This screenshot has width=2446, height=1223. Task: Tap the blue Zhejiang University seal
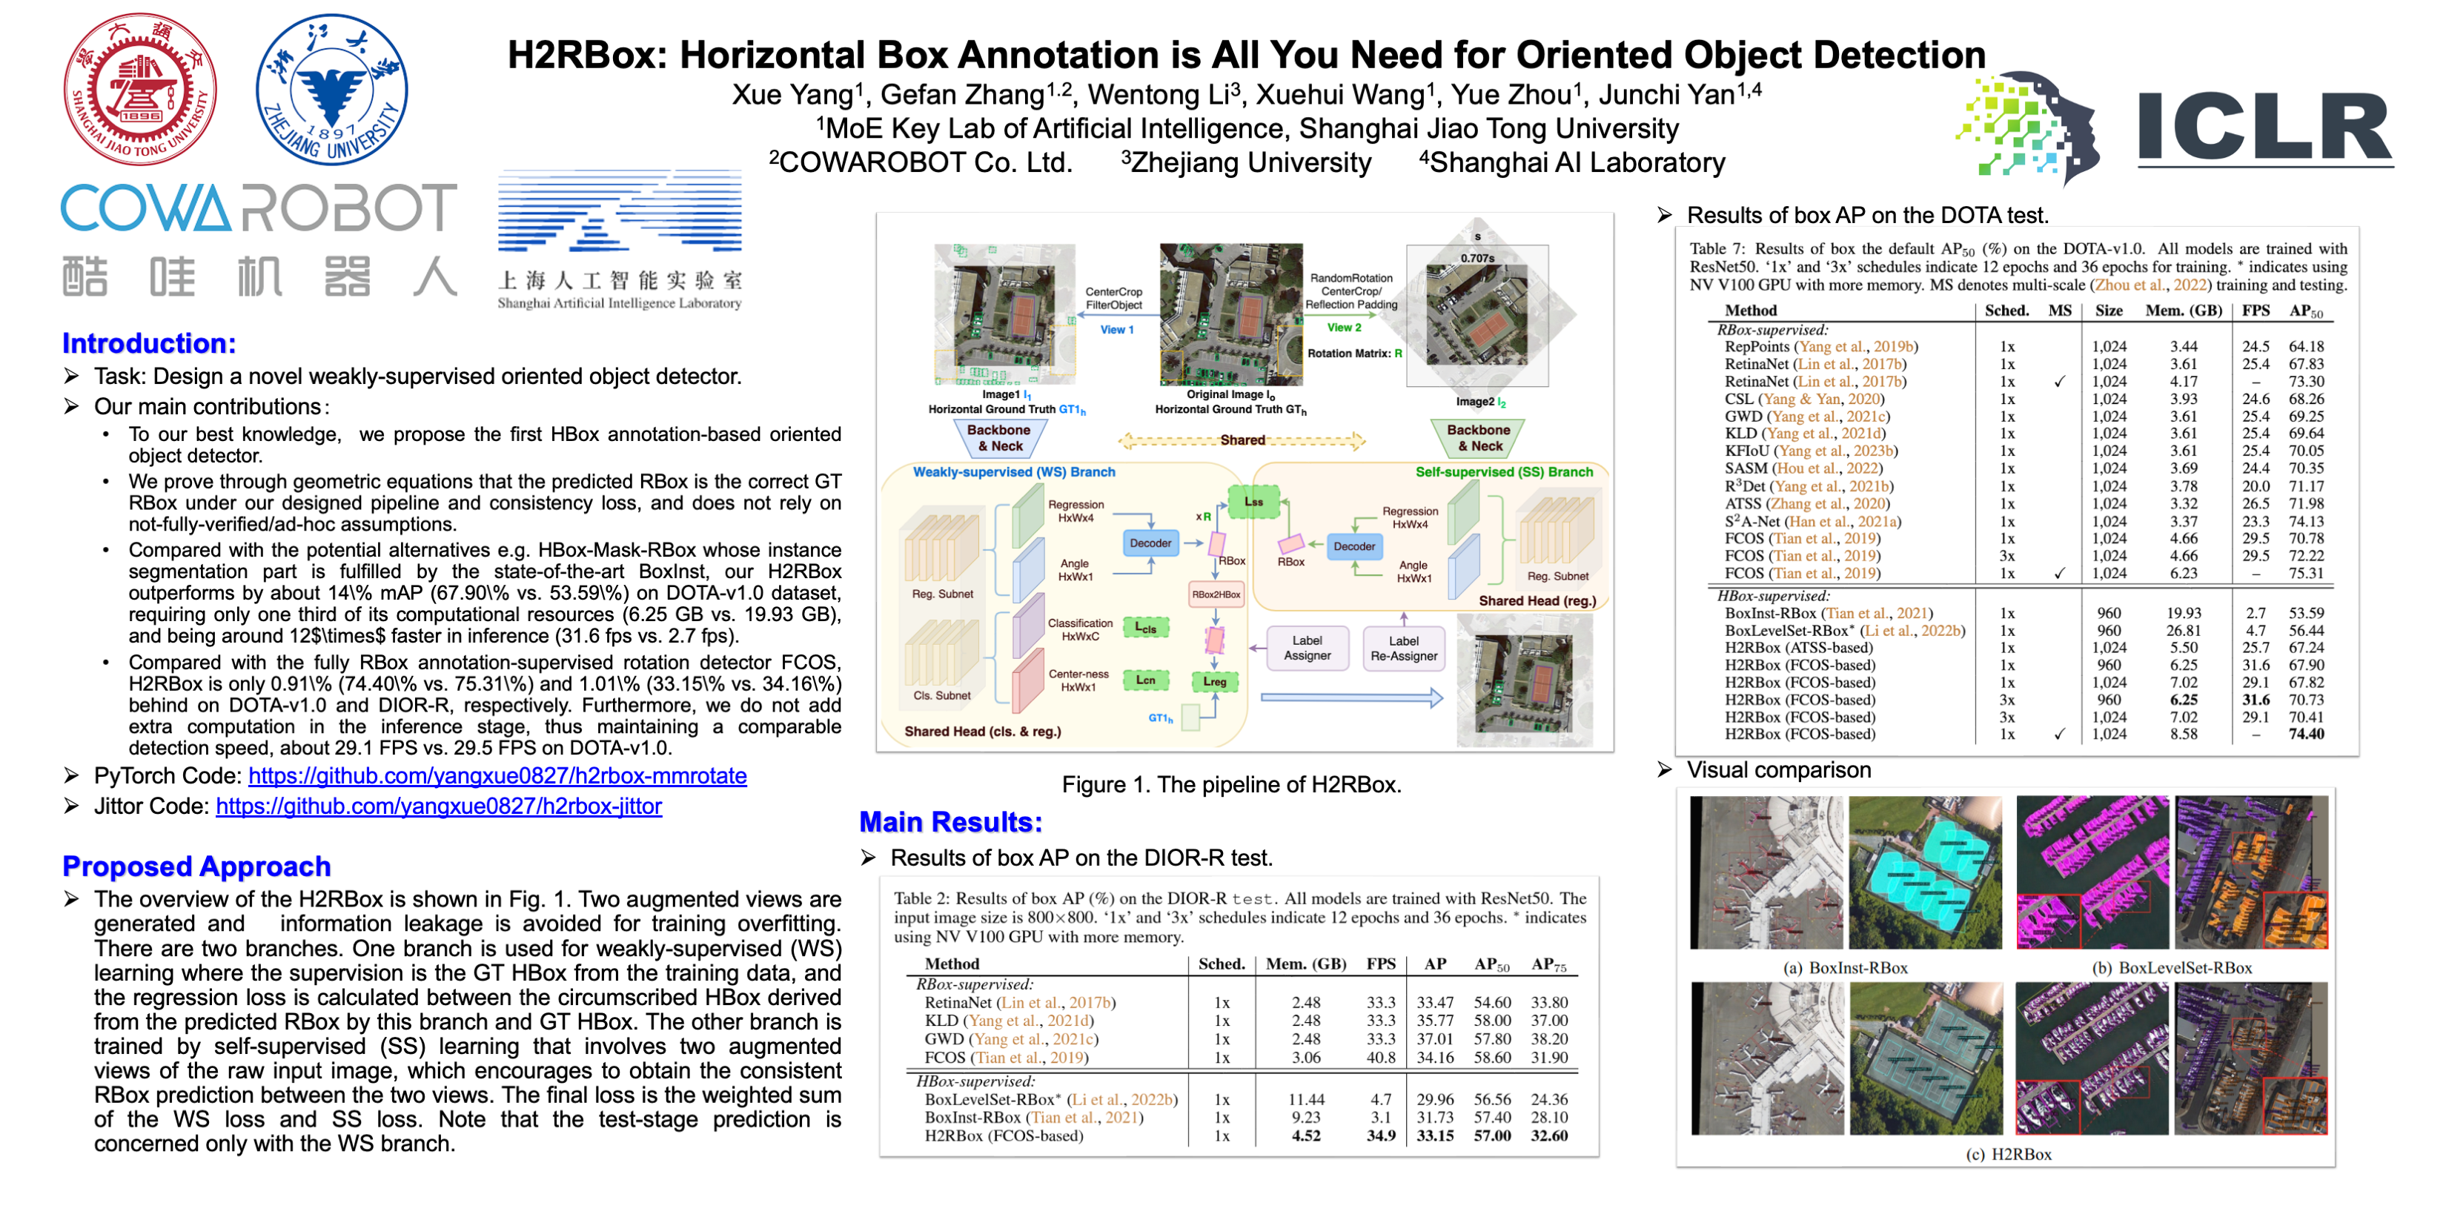point(331,90)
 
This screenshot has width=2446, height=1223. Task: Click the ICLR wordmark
point(2264,128)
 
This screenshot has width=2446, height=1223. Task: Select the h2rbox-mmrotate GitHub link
point(497,776)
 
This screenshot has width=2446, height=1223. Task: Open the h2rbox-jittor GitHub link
point(438,806)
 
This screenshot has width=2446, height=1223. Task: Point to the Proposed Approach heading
point(196,866)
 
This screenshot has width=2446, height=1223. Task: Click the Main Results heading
point(950,822)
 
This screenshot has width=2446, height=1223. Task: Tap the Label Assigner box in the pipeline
point(1307,648)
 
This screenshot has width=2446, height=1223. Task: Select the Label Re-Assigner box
point(1403,648)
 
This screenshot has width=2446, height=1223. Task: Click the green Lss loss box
point(1253,501)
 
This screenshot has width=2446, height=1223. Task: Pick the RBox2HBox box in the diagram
point(1216,594)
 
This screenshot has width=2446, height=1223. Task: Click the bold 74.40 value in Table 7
point(2305,734)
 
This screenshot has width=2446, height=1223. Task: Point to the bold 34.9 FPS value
point(1381,1136)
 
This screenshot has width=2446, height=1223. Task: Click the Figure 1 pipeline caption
point(1230,784)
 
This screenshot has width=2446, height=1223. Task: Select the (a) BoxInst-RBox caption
point(1845,967)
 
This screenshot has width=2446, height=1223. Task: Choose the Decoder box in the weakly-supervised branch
point(1150,543)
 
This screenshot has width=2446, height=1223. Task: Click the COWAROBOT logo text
point(258,208)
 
